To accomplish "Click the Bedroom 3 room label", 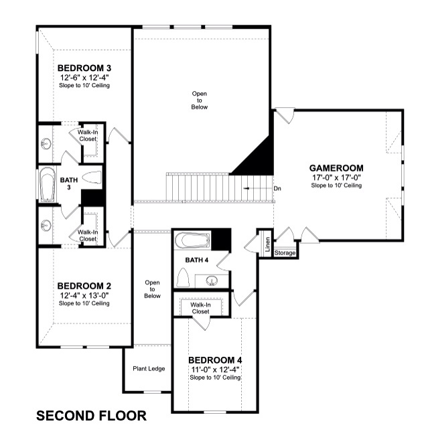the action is point(84,68).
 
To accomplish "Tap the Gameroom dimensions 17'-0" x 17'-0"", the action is point(336,177).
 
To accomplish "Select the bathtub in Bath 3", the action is point(48,184).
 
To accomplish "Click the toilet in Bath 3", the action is point(92,177).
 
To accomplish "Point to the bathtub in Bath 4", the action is point(192,240).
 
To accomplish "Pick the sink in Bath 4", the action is point(212,281).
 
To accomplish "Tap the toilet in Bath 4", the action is point(183,277).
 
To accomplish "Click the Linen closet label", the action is point(267,244).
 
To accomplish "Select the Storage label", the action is point(285,253).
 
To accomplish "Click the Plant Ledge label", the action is point(149,368).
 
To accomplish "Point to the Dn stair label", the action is point(277,189).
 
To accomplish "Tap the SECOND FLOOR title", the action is point(91,416).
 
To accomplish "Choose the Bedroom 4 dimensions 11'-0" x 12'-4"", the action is point(215,370).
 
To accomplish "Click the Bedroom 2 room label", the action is point(84,286).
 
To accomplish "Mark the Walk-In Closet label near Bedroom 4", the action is point(200,308).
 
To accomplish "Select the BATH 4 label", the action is point(197,260).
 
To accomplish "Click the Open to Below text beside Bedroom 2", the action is point(152,289).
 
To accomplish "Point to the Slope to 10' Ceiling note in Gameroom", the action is point(336,185).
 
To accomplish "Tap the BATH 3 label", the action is point(69,183).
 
